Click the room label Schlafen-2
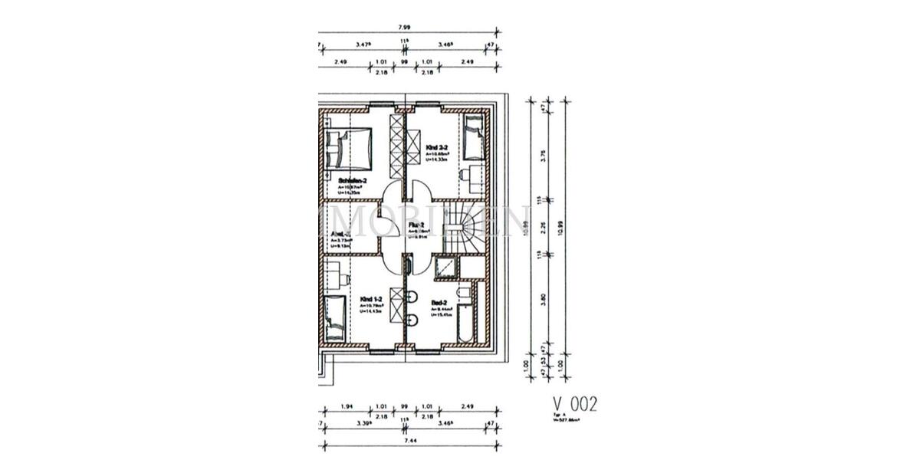[x=353, y=181]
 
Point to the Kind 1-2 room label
[x=371, y=299]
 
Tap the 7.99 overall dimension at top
[x=403, y=28]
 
